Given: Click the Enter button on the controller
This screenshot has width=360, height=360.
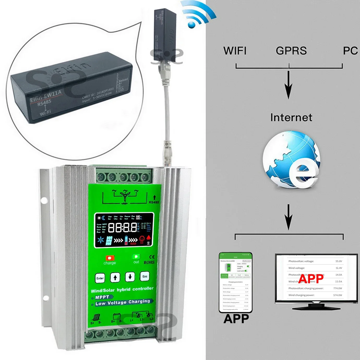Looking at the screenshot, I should click(100, 278).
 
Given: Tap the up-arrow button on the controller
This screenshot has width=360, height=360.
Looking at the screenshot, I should click(115, 277).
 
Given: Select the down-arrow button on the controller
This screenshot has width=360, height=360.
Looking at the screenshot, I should click(130, 277).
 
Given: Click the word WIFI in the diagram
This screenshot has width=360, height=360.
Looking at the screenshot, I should click(235, 51).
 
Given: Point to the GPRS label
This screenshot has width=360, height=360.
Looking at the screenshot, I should click(291, 51).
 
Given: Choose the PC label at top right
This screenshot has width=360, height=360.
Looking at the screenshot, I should click(350, 51).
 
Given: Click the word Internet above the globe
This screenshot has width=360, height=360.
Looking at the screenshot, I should click(291, 117).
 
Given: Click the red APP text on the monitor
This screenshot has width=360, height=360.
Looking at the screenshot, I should click(311, 279).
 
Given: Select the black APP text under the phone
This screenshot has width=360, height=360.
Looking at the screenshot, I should click(236, 319).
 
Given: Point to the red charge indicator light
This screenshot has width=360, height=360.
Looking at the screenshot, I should click(110, 258).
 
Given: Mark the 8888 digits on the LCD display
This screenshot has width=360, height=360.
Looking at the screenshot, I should click(122, 228).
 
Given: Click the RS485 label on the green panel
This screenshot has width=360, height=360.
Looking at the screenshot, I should click(154, 202).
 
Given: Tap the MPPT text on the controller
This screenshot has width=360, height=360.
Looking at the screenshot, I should click(102, 297).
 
